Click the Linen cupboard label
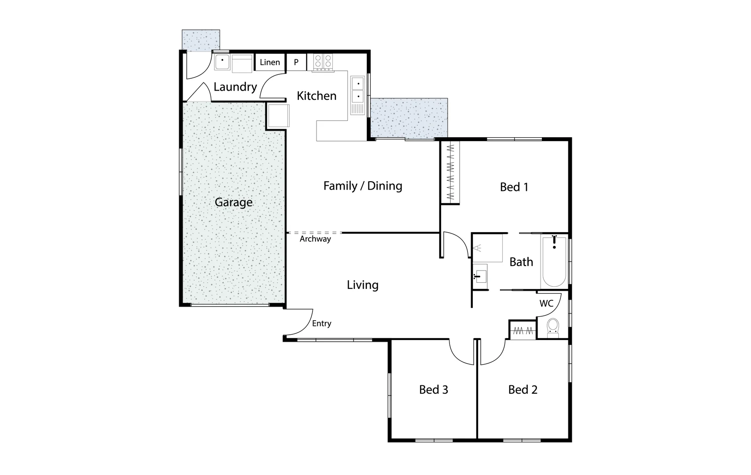270,62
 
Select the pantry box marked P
296,62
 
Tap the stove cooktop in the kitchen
323,62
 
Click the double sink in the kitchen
358,89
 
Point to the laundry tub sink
222,62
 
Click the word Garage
233,202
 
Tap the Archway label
315,239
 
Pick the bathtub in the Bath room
554,262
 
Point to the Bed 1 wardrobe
450,172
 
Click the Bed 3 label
433,390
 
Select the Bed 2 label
523,390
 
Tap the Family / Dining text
363,186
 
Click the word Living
362,285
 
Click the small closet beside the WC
523,330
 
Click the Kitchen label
317,96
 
